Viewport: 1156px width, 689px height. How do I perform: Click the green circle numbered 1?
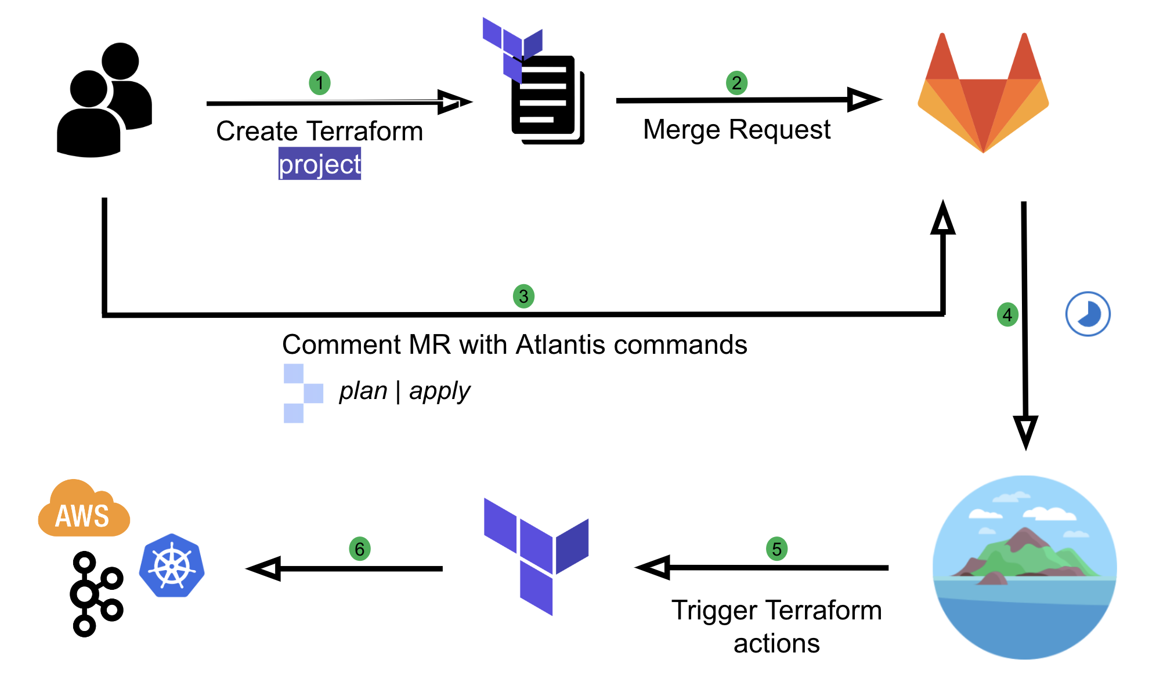pyautogui.click(x=319, y=83)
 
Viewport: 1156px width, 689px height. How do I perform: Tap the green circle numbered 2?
pyautogui.click(x=736, y=83)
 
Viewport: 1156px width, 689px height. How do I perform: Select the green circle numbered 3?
pyautogui.click(x=523, y=296)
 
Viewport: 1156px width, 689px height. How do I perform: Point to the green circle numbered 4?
pyautogui.click(x=1007, y=315)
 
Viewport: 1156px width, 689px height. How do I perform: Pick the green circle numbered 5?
pyautogui.click(x=776, y=549)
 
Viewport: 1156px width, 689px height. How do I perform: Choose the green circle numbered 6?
pyautogui.click(x=359, y=549)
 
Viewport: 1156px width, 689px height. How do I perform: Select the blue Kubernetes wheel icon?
pyautogui.click(x=172, y=565)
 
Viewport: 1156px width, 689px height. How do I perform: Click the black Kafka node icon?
pyautogui.click(x=94, y=594)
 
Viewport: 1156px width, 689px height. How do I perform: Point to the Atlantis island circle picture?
pyautogui.click(x=1024, y=567)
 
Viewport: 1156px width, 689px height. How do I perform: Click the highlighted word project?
pyautogui.click(x=319, y=164)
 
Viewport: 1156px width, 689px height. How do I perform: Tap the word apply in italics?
pyautogui.click(x=439, y=391)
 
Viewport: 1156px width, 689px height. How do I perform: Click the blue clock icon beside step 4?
pyautogui.click(x=1088, y=314)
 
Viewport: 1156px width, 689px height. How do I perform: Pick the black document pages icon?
pyautogui.click(x=547, y=100)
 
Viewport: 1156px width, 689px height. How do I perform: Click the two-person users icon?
pyautogui.click(x=104, y=100)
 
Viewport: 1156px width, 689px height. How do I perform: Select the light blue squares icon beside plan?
pyautogui.click(x=302, y=393)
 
